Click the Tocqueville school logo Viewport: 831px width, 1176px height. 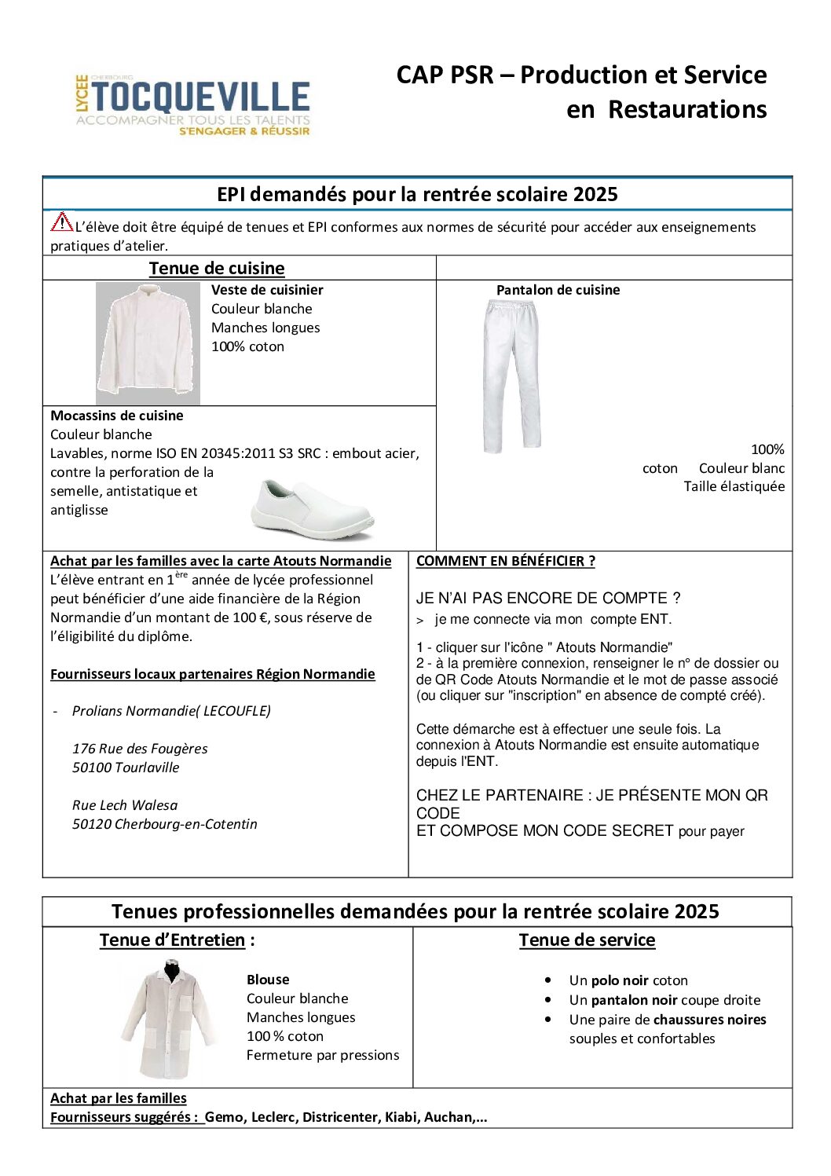[193, 105]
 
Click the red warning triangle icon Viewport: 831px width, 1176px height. [61, 222]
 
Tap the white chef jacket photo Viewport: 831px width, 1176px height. [148, 343]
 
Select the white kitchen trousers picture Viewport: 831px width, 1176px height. [511, 376]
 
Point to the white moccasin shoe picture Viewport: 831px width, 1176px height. [313, 510]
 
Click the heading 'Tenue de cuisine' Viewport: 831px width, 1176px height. [217, 268]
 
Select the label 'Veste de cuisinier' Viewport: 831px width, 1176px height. [267, 290]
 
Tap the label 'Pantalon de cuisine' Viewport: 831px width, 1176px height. [558, 290]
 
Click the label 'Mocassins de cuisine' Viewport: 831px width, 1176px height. [117, 416]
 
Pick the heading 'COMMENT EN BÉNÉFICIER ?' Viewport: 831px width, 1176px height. [506, 561]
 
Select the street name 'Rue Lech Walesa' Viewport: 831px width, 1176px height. [125, 805]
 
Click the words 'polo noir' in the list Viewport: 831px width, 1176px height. [620, 980]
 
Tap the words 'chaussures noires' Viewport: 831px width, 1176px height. [709, 1020]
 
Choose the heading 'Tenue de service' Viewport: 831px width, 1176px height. [587, 940]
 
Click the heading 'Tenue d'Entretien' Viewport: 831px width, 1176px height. [173, 940]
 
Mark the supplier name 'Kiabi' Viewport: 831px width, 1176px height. [401, 1117]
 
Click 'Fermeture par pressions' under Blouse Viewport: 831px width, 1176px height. [323, 1055]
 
